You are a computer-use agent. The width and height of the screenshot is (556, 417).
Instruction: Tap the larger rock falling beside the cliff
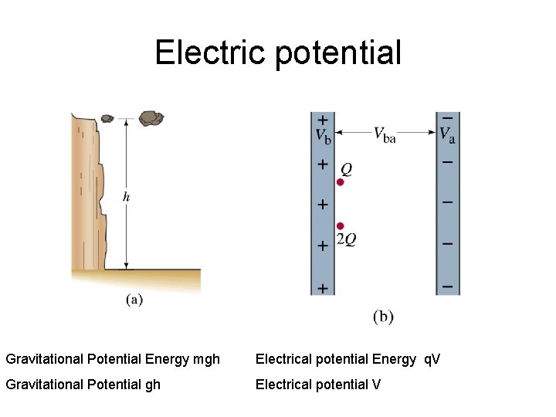point(151,117)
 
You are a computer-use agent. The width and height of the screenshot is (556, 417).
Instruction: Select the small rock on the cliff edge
point(107,118)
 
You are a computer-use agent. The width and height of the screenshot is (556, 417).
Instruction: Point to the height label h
point(126,197)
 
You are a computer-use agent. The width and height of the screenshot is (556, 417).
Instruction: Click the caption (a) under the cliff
point(134,300)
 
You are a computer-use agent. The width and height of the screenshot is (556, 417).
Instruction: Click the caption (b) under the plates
point(383,316)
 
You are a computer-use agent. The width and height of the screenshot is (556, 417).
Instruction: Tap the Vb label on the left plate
point(323,136)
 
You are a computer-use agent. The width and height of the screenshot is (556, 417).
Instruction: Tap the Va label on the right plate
point(447,135)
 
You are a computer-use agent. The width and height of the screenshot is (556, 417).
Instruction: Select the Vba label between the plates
point(385,135)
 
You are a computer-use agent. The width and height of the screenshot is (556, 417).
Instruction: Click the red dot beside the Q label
point(340,182)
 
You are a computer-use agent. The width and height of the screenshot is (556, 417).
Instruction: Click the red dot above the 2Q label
point(340,225)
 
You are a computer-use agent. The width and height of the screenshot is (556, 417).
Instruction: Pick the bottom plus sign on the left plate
point(322,287)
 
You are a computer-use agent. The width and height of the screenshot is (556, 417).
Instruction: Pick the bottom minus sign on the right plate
point(447,286)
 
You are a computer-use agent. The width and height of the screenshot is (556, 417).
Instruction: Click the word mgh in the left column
point(205,359)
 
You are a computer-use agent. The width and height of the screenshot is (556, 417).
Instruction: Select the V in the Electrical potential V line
point(376,384)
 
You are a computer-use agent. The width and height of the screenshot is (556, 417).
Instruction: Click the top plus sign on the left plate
point(322,120)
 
